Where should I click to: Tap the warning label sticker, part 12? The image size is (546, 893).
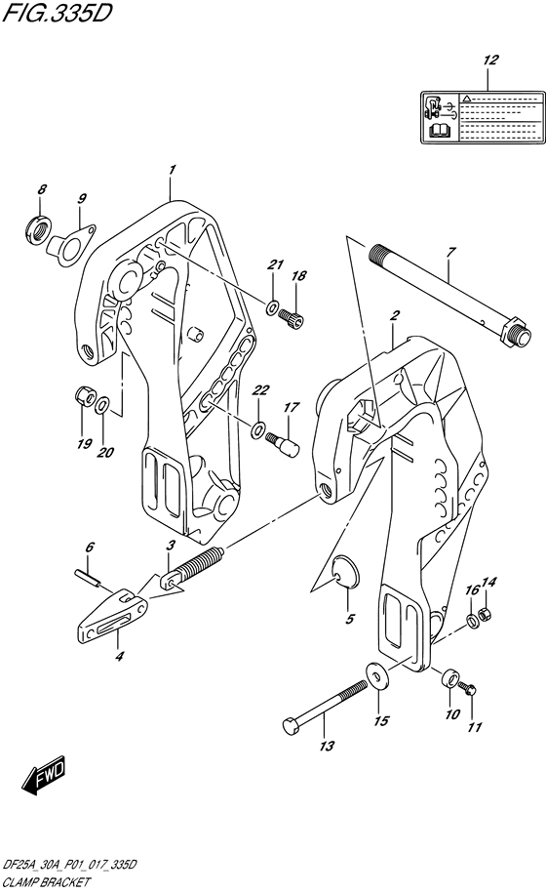pyautogui.click(x=481, y=119)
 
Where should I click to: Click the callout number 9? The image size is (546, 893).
pyautogui.click(x=82, y=199)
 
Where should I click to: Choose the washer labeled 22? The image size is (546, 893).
pyautogui.click(x=258, y=429)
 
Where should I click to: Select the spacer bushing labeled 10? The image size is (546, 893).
pyautogui.click(x=449, y=679)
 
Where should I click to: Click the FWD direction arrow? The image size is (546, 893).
pyautogui.click(x=42, y=777)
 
